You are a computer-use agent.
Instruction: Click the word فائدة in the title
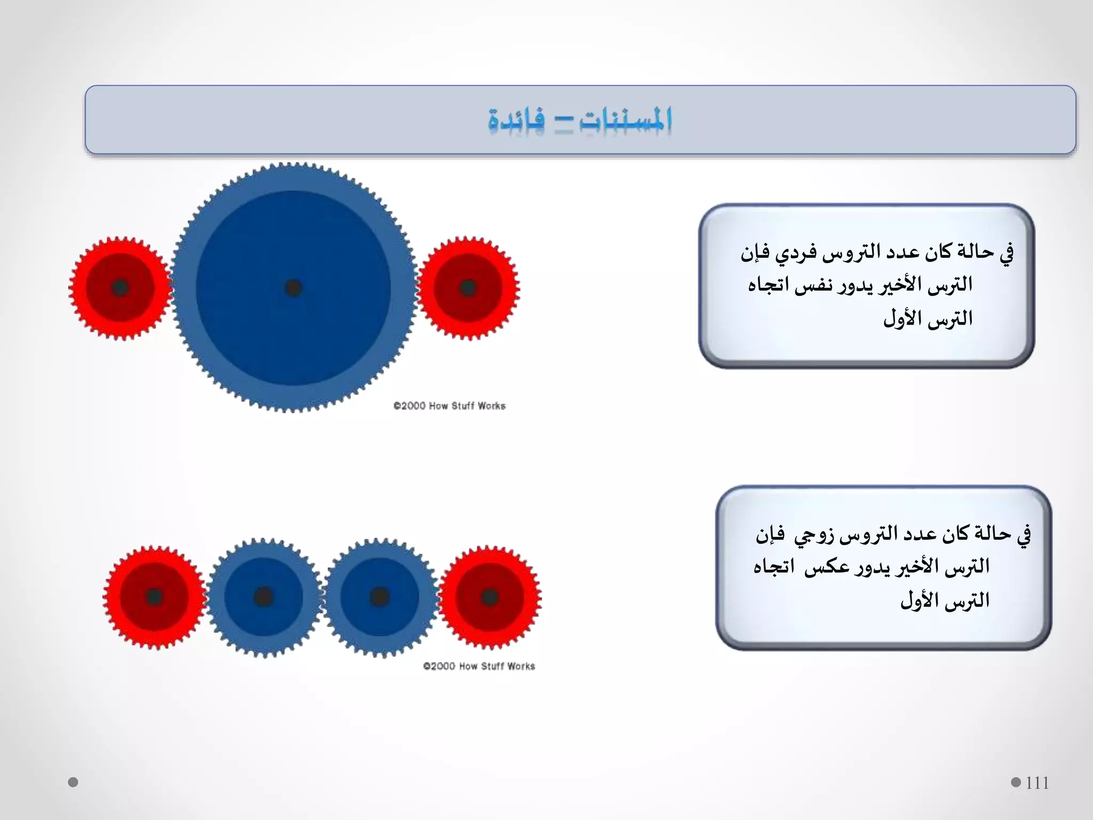click(x=516, y=120)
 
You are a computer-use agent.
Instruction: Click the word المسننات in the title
click(x=625, y=120)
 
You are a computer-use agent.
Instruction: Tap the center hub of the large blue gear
click(x=293, y=288)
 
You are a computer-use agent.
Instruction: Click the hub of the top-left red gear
click(x=120, y=288)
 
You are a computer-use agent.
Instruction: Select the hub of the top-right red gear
click(x=468, y=288)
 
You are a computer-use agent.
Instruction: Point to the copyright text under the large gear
click(x=449, y=406)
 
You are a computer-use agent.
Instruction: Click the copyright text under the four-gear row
click(x=479, y=666)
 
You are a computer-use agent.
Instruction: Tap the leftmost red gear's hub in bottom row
click(x=154, y=596)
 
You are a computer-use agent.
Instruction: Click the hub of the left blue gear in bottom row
click(x=264, y=596)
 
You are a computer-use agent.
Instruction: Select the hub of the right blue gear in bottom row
click(x=379, y=596)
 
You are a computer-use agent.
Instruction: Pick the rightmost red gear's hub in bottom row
click(x=489, y=597)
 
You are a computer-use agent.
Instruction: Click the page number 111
click(x=1037, y=783)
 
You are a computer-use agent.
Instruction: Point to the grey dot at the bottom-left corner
click(x=73, y=782)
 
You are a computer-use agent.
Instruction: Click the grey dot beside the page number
click(x=1016, y=782)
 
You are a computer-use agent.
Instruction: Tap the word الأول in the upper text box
click(x=902, y=319)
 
